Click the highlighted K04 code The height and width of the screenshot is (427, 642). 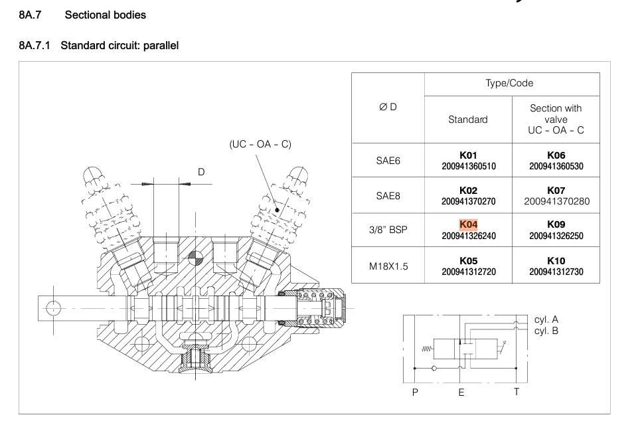coord(468,225)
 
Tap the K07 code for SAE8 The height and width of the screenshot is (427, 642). coord(556,189)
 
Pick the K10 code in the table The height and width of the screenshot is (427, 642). coord(556,261)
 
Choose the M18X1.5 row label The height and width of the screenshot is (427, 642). coord(387,267)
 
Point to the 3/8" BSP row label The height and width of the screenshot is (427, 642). coord(387,232)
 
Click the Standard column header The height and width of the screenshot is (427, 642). coord(468,120)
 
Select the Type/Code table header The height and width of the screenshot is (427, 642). coord(512,84)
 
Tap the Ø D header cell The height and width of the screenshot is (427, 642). coord(387,108)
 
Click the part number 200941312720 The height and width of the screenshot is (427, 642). coord(468,272)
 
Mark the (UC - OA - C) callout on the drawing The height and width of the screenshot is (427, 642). coord(260,143)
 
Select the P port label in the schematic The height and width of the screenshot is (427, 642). coord(415,392)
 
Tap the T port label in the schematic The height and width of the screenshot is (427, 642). coord(516,391)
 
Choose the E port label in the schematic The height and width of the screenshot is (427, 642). coord(461,392)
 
